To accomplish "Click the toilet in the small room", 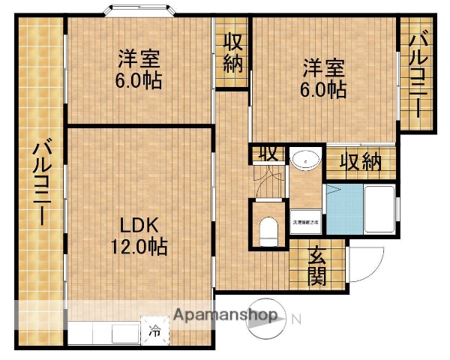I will (x=268, y=228).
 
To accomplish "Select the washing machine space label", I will (x=305, y=223).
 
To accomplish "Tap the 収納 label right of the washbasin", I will (x=361, y=161).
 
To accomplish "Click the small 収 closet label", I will (x=268, y=152).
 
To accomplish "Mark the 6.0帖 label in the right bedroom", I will (x=324, y=90).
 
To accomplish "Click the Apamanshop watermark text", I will (x=226, y=316).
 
